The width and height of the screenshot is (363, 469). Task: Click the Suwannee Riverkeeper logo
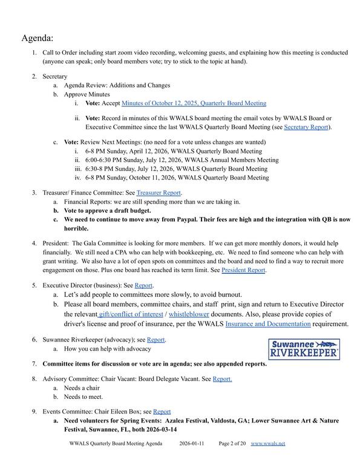tap(304, 349)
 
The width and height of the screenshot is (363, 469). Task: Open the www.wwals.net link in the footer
tap(267, 443)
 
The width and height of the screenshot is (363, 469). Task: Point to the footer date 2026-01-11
tap(192, 443)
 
